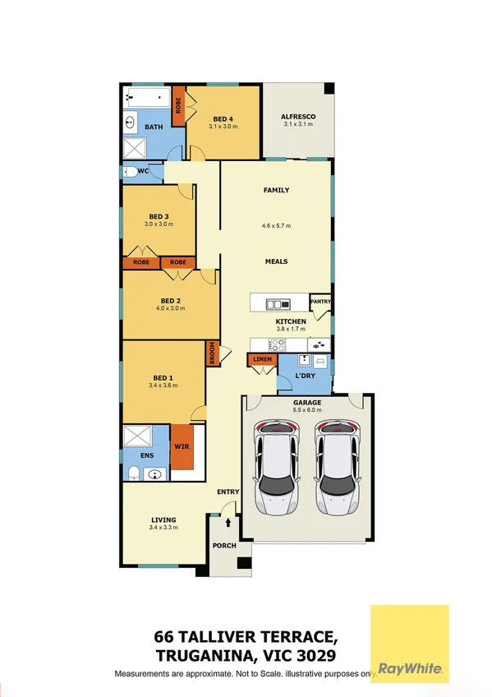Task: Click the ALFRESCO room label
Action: (x=298, y=117)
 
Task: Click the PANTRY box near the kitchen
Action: (x=320, y=302)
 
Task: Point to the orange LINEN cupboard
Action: (x=262, y=360)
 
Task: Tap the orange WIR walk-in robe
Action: (x=181, y=448)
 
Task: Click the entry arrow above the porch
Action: (x=228, y=522)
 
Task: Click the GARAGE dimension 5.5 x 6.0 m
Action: (x=307, y=409)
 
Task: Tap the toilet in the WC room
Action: (x=130, y=172)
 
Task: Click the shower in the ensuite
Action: (x=134, y=436)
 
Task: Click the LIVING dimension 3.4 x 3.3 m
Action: (x=163, y=528)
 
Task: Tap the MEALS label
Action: (x=276, y=261)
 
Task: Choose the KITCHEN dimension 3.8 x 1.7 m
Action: (x=291, y=330)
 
